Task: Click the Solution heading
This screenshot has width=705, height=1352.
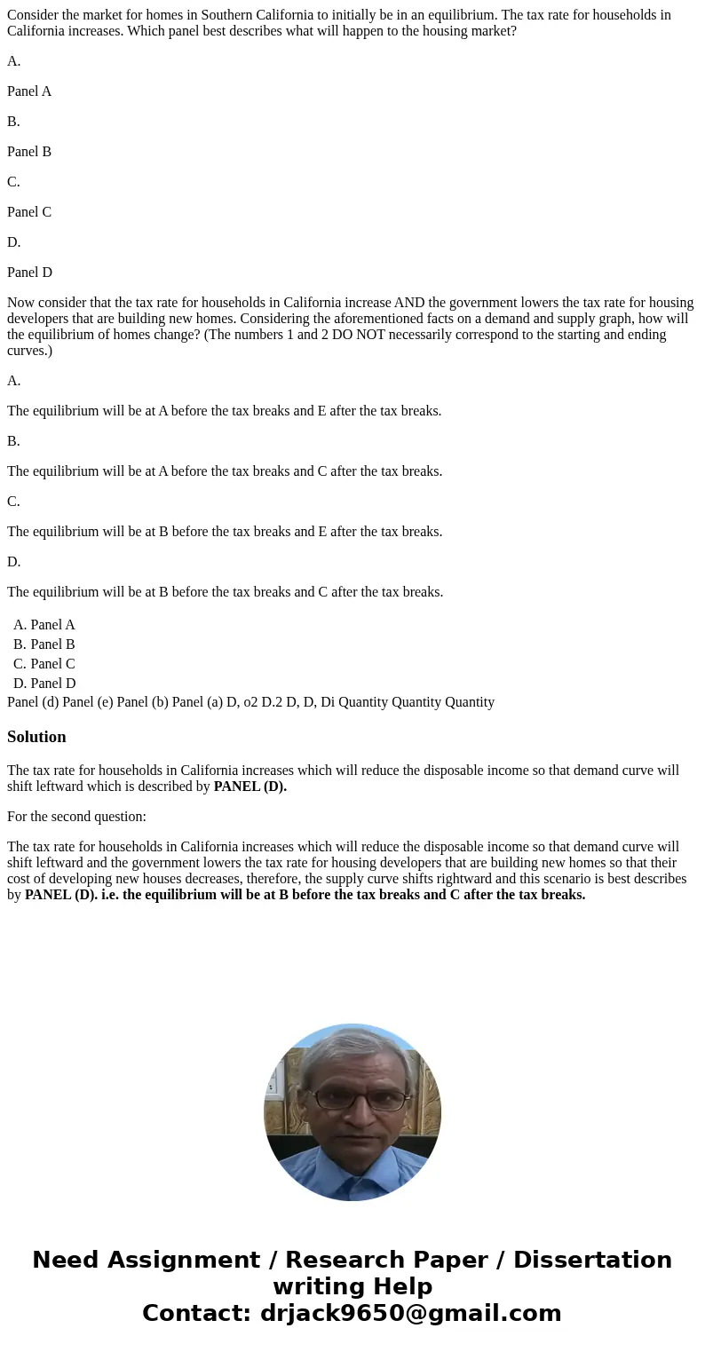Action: [x=36, y=737]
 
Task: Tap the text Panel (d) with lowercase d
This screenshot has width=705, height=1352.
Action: [x=32, y=702]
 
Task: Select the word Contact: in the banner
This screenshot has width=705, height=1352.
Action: [x=197, y=1313]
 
